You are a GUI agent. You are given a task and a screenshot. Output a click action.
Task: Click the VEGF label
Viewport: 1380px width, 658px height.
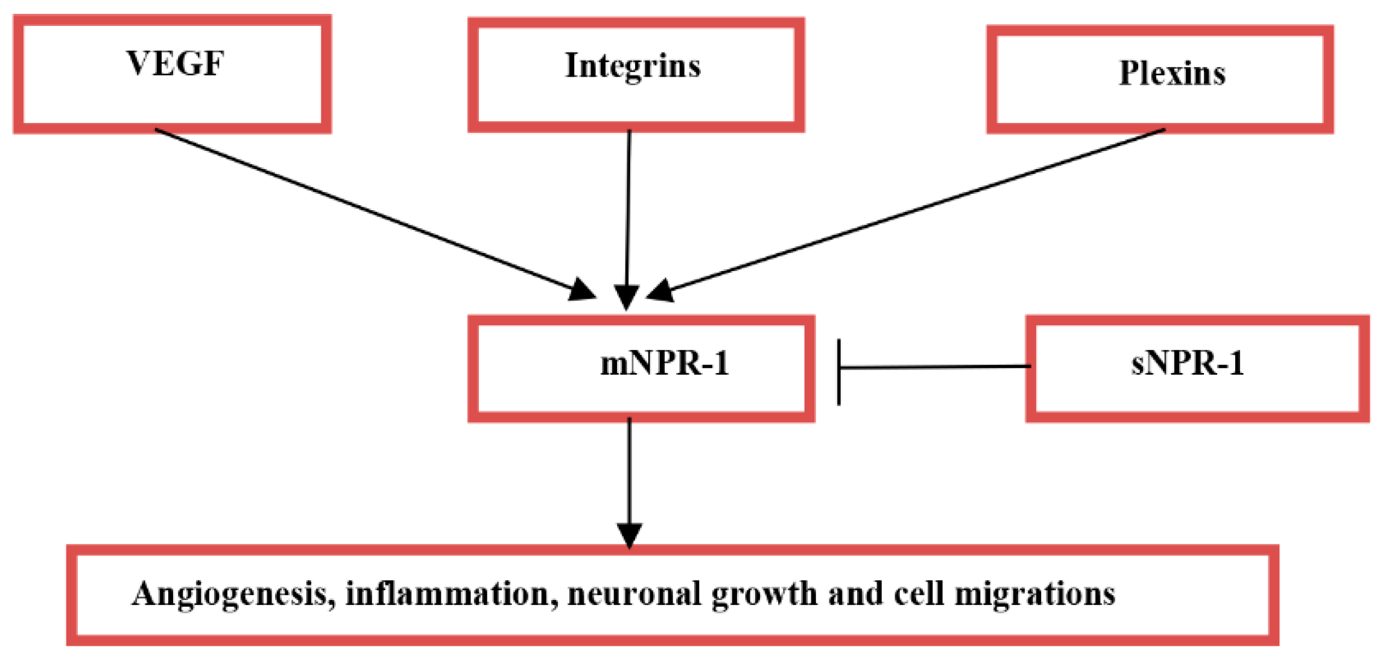[175, 63]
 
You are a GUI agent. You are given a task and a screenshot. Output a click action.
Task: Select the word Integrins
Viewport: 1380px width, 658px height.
[633, 66]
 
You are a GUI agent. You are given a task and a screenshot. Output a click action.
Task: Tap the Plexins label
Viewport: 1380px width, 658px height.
[1172, 74]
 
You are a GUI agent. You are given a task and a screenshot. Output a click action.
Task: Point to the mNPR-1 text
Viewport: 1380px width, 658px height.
[665, 363]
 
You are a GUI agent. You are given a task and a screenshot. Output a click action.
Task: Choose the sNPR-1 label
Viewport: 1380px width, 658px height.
[1187, 363]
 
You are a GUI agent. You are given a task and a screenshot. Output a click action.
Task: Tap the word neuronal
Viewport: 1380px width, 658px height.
[635, 594]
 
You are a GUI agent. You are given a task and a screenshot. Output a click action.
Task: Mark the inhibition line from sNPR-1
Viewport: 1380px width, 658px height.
[935, 366]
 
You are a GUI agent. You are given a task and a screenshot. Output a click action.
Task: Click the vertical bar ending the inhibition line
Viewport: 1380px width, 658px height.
[839, 372]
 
